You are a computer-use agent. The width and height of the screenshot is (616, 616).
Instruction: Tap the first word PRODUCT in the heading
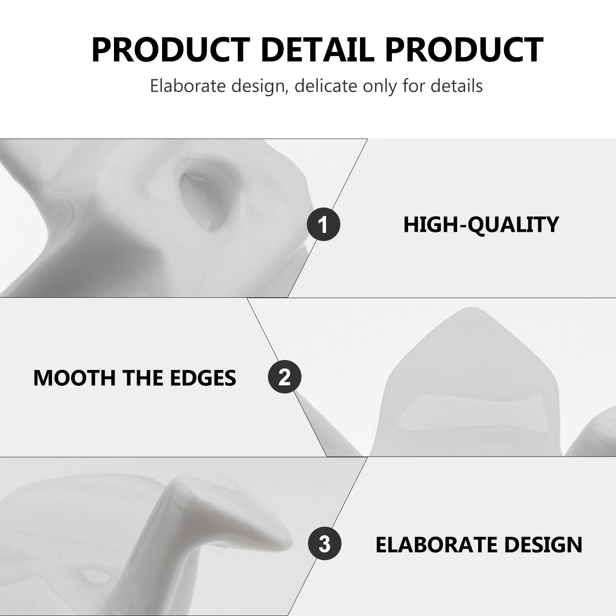tap(171, 50)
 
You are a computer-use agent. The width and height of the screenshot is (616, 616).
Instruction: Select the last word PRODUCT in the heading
tap(464, 50)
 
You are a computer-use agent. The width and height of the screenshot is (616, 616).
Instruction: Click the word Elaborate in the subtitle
tap(188, 85)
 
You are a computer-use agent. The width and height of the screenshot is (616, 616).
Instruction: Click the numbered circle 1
tap(323, 224)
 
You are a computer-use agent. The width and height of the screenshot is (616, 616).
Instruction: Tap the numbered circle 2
tap(285, 377)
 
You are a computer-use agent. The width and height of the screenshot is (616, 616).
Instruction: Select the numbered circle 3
tap(325, 543)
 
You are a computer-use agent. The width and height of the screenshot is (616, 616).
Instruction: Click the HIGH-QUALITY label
tap(481, 225)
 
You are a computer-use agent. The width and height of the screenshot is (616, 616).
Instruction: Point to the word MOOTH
tap(75, 378)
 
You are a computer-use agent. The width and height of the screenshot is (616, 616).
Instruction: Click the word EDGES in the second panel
tap(203, 378)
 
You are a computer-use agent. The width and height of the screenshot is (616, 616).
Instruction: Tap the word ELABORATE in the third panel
tap(437, 544)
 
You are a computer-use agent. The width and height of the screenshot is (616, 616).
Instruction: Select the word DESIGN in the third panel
tap(543, 544)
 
